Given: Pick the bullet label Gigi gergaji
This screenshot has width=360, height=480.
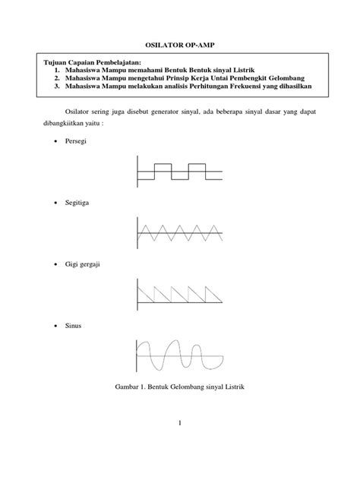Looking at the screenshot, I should coord(84,265).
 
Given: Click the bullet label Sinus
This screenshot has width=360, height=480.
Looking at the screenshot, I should coord(74,326).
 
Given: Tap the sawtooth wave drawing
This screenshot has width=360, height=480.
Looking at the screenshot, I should coord(179,292).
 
